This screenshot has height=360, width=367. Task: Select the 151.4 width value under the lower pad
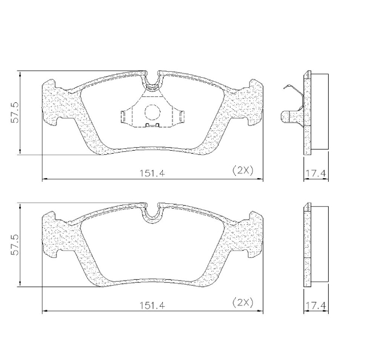[x=151, y=304]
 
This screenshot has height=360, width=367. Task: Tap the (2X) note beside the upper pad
[x=242, y=170]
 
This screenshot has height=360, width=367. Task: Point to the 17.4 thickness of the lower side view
[x=315, y=306]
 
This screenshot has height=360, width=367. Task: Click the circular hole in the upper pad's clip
[x=152, y=111]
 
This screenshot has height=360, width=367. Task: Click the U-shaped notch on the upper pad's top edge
[x=152, y=79]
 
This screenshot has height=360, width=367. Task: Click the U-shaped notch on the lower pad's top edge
[x=152, y=212]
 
